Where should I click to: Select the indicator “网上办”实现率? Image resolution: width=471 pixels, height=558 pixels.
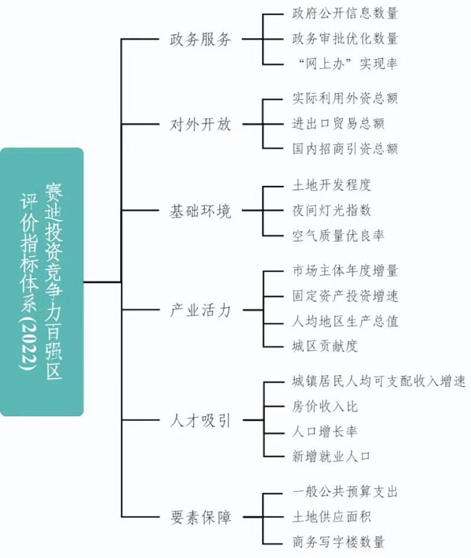pos(345,63)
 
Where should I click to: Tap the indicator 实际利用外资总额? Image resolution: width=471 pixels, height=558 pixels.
pos(345,98)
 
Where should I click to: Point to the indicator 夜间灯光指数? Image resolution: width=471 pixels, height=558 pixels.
pos(332,210)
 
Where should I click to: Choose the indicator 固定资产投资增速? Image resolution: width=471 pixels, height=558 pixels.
pos(345,295)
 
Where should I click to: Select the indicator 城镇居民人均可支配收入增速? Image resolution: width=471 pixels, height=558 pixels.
pos(379,382)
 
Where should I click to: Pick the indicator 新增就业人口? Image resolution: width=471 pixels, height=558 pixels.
pos(332,456)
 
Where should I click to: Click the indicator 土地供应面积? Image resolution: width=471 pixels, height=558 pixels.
pos(332,517)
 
